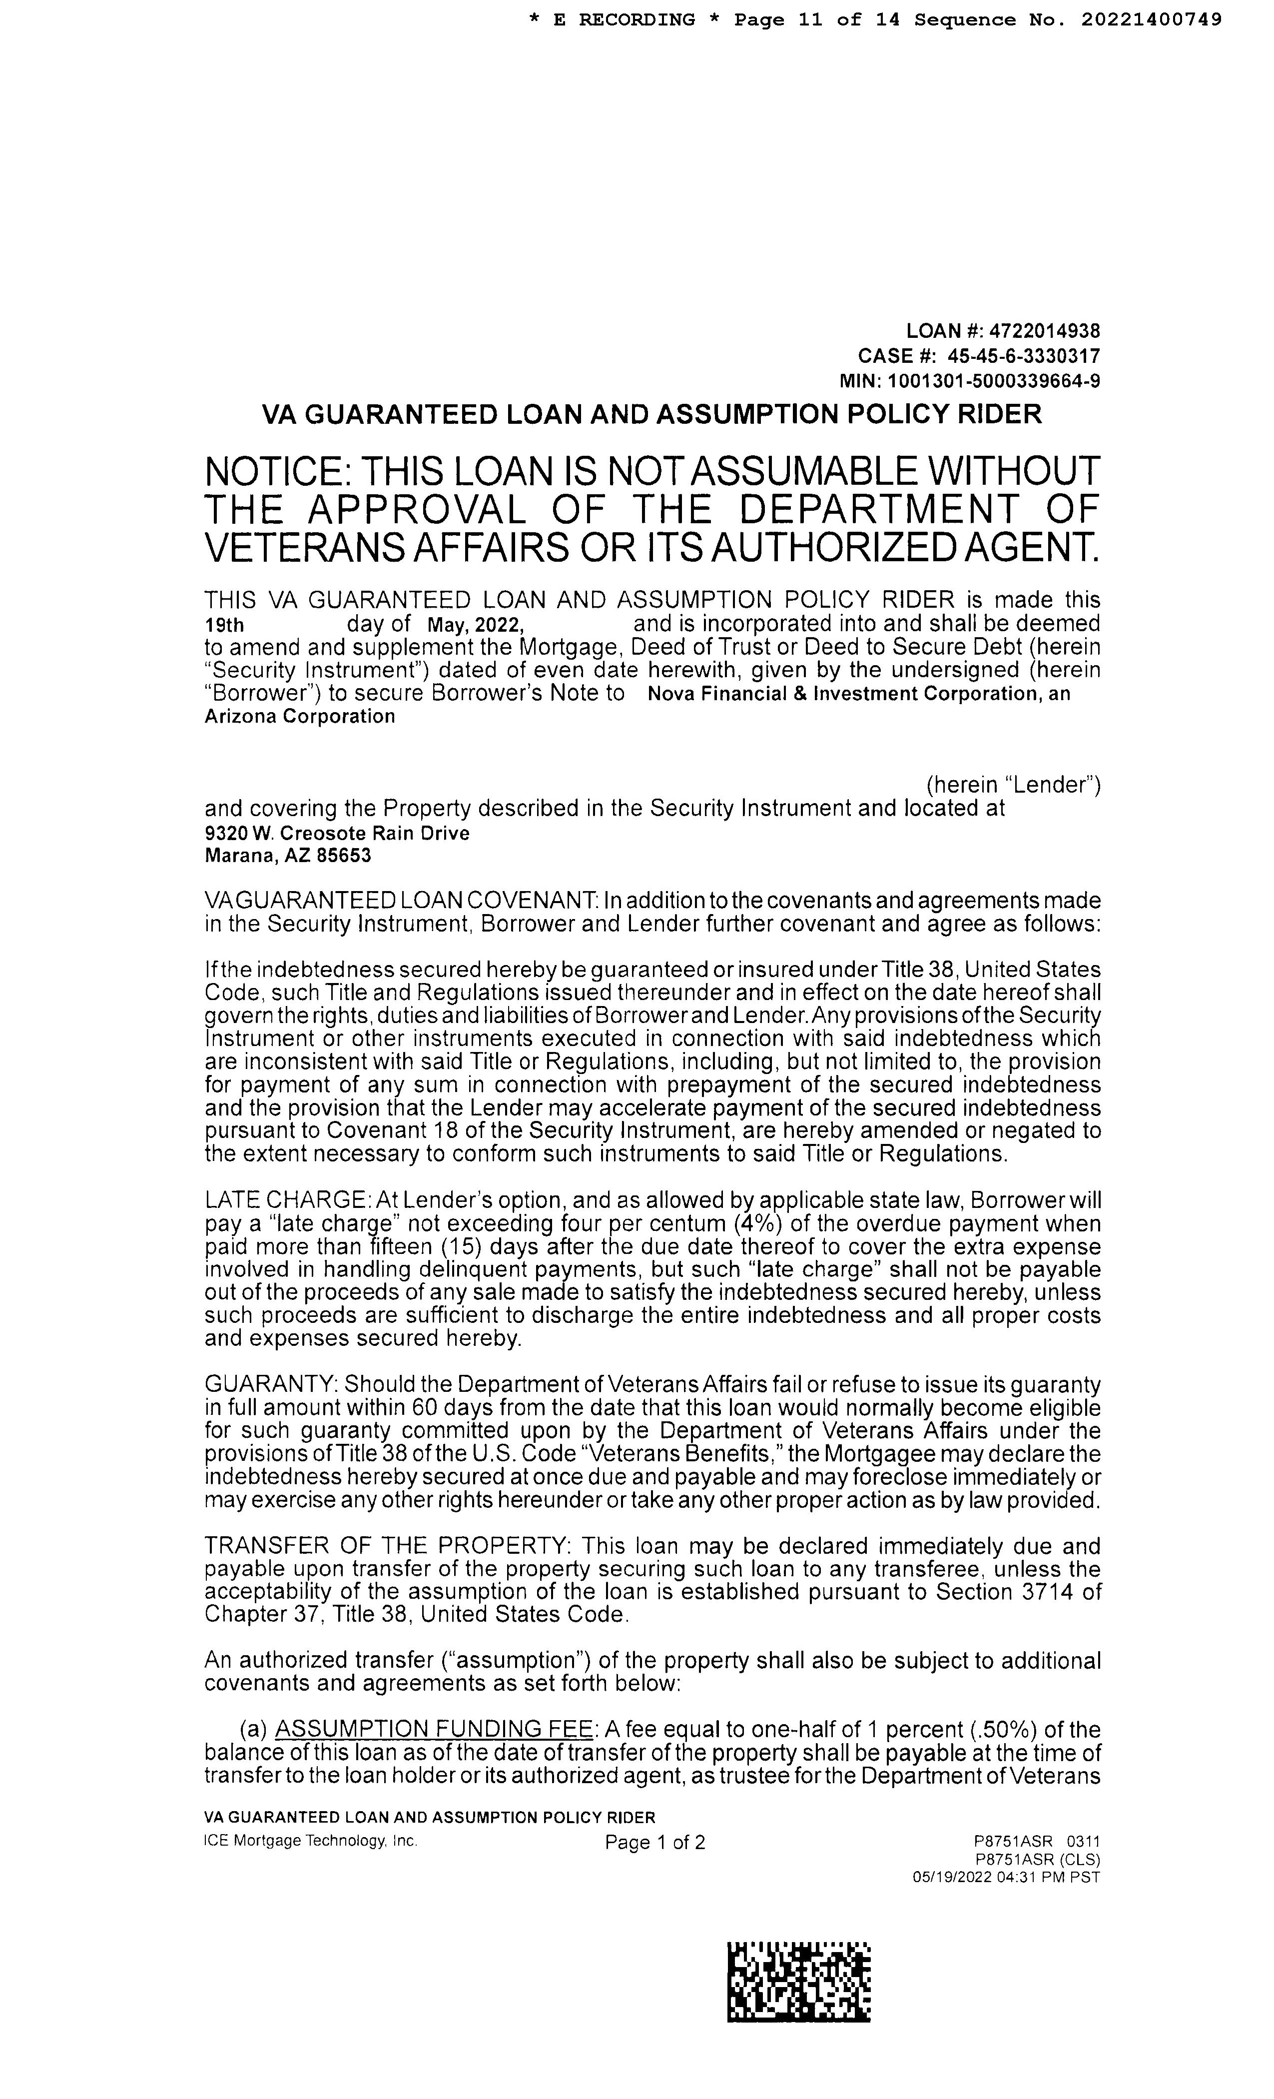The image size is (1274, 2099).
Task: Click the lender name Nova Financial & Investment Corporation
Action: click(843, 694)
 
